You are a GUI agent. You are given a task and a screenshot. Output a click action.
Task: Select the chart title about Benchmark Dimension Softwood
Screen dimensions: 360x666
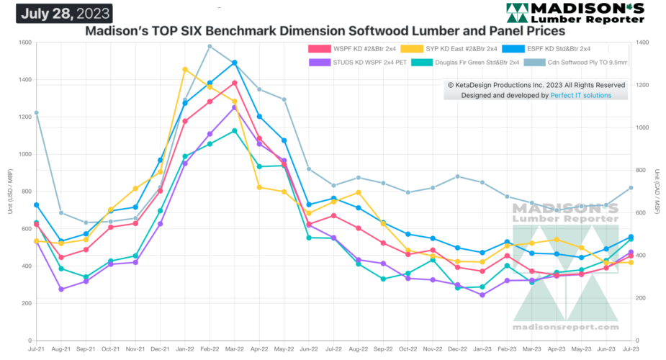[325, 31]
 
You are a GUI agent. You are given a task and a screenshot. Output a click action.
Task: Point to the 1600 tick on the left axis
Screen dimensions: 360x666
[23, 43]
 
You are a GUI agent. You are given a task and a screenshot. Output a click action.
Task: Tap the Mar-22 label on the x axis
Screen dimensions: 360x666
[235, 348]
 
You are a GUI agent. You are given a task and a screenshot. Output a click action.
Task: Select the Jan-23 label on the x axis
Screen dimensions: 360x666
[482, 348]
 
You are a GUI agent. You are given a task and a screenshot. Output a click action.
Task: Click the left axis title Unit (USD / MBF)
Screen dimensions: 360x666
[8, 191]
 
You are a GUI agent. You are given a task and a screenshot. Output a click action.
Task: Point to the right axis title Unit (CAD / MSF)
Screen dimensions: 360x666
[657, 191]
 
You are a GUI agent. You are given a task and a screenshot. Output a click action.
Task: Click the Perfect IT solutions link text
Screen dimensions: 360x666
[581, 95]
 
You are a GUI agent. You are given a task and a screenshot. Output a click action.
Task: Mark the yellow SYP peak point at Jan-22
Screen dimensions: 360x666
[185, 69]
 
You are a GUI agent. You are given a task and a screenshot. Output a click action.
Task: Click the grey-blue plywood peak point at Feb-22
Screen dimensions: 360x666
[210, 46]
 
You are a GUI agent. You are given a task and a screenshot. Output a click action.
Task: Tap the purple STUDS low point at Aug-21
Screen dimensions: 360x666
[61, 289]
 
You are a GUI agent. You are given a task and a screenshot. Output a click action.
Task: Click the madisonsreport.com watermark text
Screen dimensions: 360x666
[566, 327]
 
